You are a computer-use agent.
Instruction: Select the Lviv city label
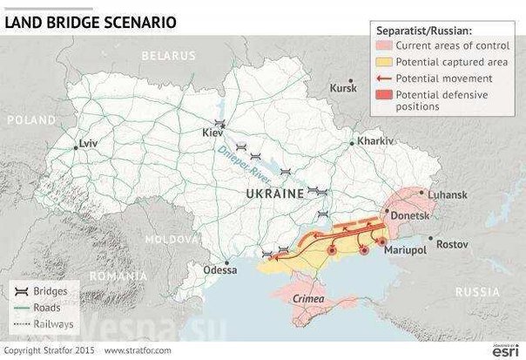pyautogui.click(x=90, y=141)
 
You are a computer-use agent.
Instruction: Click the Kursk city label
pyautogui.click(x=345, y=88)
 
